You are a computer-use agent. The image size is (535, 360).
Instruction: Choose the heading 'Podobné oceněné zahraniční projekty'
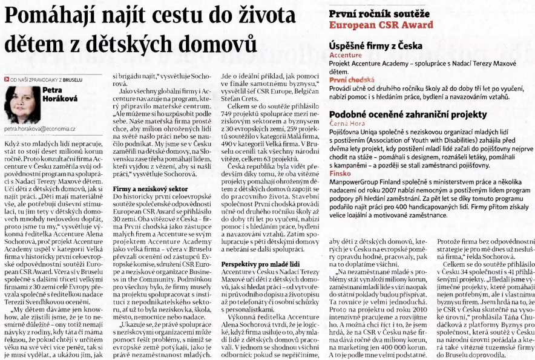tap(407, 114)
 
